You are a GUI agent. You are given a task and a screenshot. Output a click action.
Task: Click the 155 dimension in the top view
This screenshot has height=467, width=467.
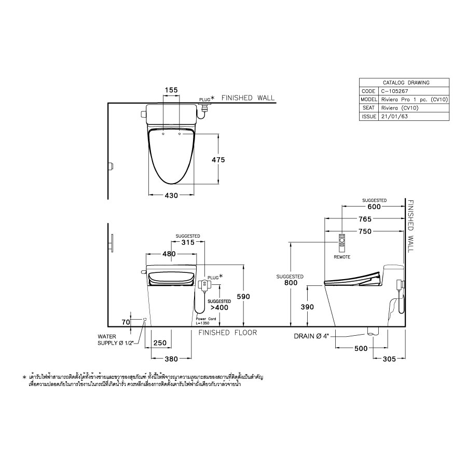(171, 90)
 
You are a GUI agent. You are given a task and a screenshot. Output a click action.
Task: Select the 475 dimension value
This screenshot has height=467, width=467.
(217, 160)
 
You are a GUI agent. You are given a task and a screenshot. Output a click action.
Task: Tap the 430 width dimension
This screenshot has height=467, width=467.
(171, 196)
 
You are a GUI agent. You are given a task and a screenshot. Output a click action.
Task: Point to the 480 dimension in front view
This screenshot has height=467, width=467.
(169, 254)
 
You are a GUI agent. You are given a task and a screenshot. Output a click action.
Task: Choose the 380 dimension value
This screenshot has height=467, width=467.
(171, 358)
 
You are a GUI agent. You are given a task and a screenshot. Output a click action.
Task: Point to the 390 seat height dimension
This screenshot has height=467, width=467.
(308, 307)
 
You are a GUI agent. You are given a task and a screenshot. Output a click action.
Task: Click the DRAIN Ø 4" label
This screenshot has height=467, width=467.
(311, 336)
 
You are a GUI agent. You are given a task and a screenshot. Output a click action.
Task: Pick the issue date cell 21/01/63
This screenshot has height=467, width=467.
(394, 117)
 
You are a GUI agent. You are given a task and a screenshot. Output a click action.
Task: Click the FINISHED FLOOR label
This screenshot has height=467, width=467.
(228, 333)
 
